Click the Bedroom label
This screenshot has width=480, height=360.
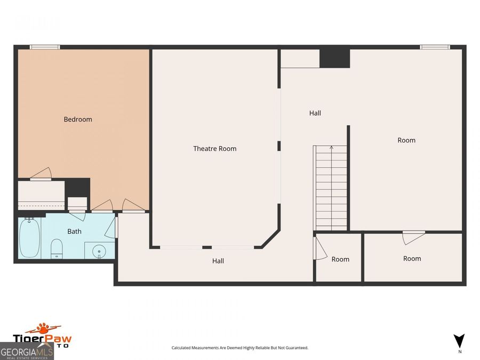pyautogui.click(x=78, y=119)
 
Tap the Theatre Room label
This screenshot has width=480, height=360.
pyautogui.click(x=214, y=149)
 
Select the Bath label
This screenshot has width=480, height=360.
pyautogui.click(x=74, y=231)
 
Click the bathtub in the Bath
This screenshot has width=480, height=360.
pyautogui.click(x=29, y=237)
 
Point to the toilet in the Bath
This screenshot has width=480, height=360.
pyautogui.click(x=57, y=249)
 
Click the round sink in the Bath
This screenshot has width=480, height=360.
pyautogui.click(x=99, y=251)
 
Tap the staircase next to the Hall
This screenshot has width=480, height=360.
pyautogui.click(x=330, y=188)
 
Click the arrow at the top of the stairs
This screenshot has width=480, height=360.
pyautogui.click(x=331, y=148)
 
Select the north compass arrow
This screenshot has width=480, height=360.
pyautogui.click(x=459, y=341)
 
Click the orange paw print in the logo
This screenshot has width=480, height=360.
pyautogui.click(x=43, y=328)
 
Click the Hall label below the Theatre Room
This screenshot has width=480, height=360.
pyautogui.click(x=218, y=261)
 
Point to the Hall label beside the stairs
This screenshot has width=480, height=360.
pyautogui.click(x=315, y=113)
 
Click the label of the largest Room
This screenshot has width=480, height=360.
pyautogui.click(x=406, y=140)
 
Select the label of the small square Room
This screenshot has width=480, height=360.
pyautogui.click(x=340, y=259)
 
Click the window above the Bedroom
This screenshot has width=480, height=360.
pyautogui.click(x=45, y=47)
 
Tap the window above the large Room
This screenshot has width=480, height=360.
pyautogui.click(x=435, y=47)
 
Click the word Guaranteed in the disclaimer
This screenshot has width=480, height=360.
pyautogui.click(x=297, y=348)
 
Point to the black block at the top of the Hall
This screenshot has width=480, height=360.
pyautogui.click(x=334, y=58)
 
